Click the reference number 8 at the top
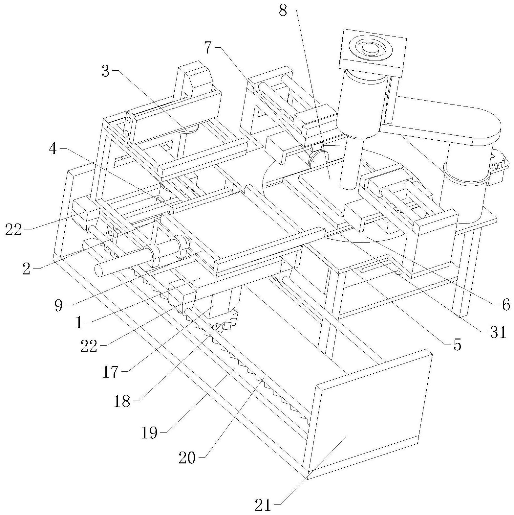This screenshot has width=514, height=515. (283, 11)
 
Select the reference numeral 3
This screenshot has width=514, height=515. (105, 71)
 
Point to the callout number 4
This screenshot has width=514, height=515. (53, 149)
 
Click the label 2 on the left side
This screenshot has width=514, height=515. (26, 269)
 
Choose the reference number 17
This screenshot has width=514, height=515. (110, 372)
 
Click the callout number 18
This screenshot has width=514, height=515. (122, 401)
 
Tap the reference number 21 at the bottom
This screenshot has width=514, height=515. (264, 505)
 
